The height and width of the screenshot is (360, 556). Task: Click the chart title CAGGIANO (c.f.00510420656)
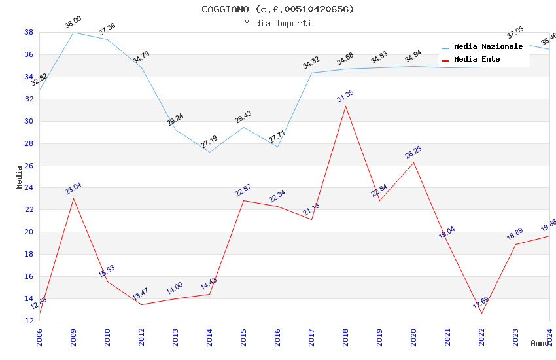(278, 9)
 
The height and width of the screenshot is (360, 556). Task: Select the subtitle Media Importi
(278, 23)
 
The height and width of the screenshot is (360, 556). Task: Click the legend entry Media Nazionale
(488, 47)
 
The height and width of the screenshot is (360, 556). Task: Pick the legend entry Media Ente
(477, 60)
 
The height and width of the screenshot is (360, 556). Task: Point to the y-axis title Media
(20, 177)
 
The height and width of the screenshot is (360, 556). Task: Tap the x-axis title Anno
(540, 343)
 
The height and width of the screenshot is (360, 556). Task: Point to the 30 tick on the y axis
(29, 121)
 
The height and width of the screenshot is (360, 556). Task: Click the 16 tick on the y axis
(29, 276)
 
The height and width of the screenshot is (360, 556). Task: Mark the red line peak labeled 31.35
(345, 106)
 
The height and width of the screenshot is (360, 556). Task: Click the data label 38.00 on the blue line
(73, 24)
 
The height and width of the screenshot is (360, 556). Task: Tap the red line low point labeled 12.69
(481, 313)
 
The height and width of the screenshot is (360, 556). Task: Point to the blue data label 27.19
(209, 143)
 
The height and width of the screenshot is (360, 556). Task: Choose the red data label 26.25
(413, 153)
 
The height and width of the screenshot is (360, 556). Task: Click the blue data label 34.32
(311, 63)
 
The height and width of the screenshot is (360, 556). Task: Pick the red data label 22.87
(243, 190)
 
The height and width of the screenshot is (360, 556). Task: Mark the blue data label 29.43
(243, 117)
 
